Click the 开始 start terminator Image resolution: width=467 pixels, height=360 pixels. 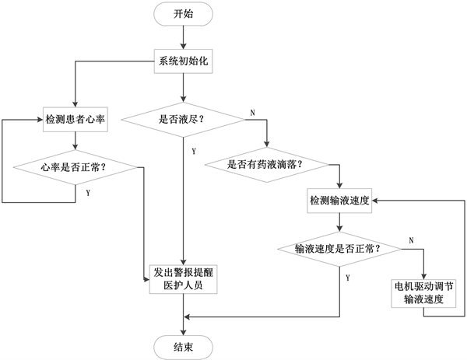(183, 14)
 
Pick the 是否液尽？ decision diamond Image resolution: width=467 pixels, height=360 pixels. (183, 119)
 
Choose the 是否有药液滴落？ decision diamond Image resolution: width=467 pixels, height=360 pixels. (265, 165)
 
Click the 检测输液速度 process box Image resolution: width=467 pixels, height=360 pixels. (339, 200)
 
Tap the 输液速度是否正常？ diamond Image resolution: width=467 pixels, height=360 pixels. (338, 249)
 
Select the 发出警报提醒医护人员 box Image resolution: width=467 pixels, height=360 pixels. (182, 278)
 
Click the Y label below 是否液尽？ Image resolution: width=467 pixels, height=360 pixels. (192, 150)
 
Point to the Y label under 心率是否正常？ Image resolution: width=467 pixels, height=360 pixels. (86, 191)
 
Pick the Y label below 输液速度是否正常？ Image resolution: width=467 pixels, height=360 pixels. (347, 276)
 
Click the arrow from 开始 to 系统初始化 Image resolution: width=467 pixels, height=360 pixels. (183, 37)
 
